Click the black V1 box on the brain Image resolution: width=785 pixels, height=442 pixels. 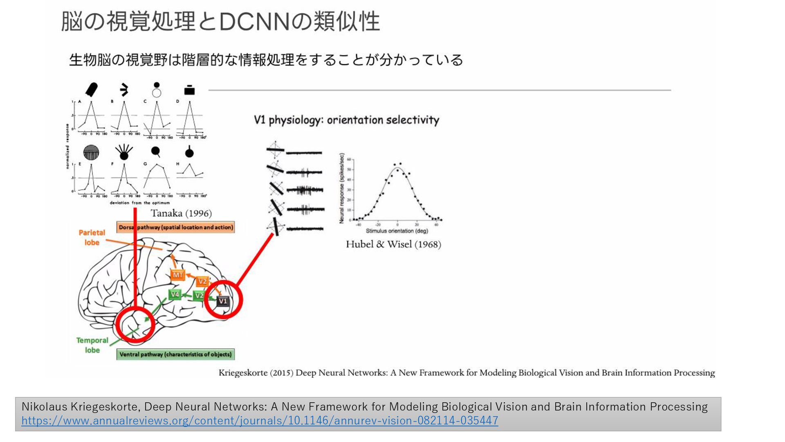pos(222,301)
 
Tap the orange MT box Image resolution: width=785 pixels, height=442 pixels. pos(177,275)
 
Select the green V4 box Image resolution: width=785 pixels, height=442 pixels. pos(175,294)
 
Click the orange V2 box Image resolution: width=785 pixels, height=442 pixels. pos(202,282)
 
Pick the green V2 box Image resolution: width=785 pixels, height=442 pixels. pos(199,295)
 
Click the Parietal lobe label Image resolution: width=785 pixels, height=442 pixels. pos(92,237)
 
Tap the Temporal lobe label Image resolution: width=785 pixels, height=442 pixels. pos(92,345)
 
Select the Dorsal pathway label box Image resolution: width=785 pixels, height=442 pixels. pos(176,227)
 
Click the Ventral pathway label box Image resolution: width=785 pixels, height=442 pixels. pos(175,354)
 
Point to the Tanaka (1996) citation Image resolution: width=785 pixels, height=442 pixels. pos(181,213)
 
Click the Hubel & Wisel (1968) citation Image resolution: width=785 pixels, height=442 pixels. pos(393,244)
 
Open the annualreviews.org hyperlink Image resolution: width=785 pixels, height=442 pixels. pos(260,421)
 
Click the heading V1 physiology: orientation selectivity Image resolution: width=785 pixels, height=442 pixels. pos(346,120)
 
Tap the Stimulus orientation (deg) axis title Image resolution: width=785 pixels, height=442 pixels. pos(397,231)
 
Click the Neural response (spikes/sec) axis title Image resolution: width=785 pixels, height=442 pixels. pos(342,188)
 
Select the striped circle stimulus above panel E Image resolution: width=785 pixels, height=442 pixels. pos(91,153)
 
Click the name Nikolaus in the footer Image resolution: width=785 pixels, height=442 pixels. pos(45,407)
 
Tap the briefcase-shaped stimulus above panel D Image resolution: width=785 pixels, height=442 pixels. pos(189,90)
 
